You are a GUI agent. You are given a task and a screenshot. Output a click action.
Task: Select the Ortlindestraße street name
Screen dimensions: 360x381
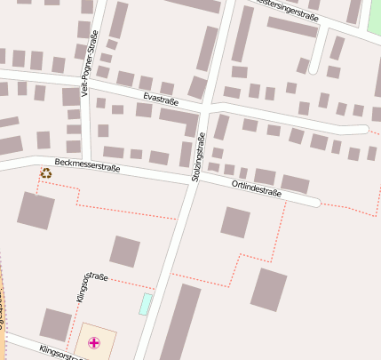tap(256, 187)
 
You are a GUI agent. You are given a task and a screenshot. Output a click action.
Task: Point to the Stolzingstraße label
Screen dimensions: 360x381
tap(198, 157)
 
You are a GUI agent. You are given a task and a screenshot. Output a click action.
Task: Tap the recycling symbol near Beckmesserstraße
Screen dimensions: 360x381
tap(45, 172)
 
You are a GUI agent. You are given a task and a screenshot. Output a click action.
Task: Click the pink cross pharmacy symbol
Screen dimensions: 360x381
tap(94, 342)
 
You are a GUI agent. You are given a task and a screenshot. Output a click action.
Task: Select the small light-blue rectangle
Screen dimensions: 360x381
tap(145, 303)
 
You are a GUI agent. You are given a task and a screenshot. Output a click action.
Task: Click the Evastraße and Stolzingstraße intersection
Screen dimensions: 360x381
tap(206, 108)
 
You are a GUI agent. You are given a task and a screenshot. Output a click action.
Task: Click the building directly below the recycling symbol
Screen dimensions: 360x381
tap(36, 210)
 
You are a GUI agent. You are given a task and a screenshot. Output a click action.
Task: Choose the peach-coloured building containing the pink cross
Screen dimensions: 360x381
tap(95, 342)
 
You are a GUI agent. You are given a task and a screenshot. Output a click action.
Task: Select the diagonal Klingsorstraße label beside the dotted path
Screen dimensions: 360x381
tap(91, 289)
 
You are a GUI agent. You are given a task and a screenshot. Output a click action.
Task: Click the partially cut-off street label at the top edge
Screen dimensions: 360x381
tap(286, 5)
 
